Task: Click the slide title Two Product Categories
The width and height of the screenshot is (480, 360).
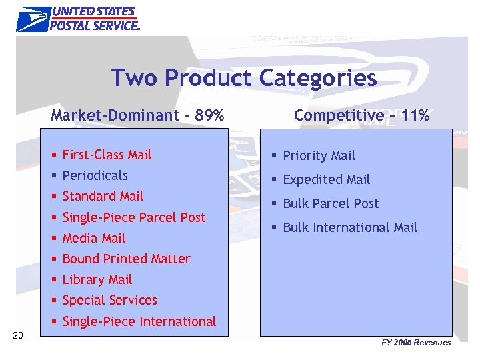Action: tap(243, 78)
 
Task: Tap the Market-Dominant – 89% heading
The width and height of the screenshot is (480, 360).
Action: tap(137, 115)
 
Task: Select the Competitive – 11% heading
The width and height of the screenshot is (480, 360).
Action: tap(361, 115)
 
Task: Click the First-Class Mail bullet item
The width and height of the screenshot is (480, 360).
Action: tap(107, 155)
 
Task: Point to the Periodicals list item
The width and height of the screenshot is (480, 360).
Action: tap(95, 175)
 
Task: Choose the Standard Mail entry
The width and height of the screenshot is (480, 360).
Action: tap(103, 196)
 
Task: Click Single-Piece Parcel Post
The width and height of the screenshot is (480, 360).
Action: tap(133, 217)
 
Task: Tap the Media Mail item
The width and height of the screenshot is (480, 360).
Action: tap(93, 238)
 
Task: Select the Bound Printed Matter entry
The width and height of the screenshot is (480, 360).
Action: tap(126, 259)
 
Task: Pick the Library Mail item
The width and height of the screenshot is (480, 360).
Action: tap(97, 279)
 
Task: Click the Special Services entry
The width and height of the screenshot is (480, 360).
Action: tap(109, 300)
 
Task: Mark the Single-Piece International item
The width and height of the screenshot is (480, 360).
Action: tap(139, 321)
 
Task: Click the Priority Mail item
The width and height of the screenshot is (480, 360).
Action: tap(319, 156)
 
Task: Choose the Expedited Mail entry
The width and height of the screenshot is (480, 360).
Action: tap(326, 179)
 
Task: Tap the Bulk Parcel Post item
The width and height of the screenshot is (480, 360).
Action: tap(331, 203)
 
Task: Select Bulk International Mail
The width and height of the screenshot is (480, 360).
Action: tap(350, 227)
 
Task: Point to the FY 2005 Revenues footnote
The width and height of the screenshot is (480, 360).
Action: tap(416, 343)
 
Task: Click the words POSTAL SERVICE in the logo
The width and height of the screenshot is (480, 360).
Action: tap(95, 25)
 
